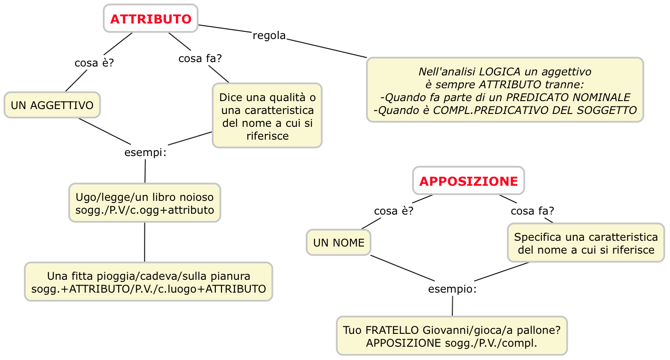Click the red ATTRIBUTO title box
(x=151, y=19)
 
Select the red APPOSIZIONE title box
(x=468, y=181)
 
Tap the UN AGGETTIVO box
(x=52, y=106)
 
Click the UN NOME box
(x=339, y=243)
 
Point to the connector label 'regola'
(x=269, y=35)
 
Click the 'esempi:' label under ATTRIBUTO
(x=145, y=153)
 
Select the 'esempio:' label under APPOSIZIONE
(x=452, y=290)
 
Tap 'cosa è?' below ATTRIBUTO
(x=94, y=63)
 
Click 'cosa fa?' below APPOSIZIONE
(x=532, y=211)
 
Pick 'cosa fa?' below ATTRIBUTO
(x=200, y=59)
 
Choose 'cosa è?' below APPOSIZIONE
(x=393, y=211)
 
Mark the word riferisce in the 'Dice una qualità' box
(x=267, y=136)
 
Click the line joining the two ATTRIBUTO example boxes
(x=144, y=242)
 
